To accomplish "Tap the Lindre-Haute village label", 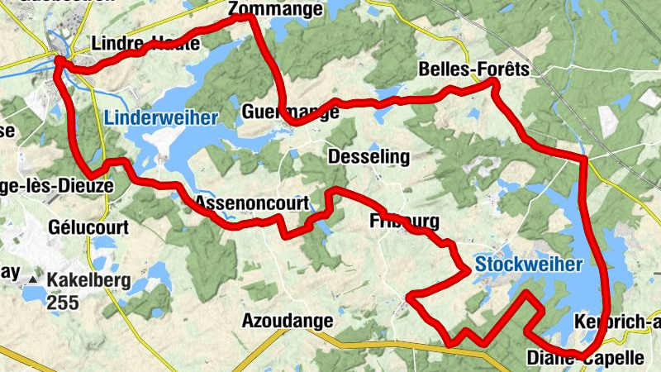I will (x=145, y=44).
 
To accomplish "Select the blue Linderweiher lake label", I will (x=161, y=117).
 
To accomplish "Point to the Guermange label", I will (x=291, y=112).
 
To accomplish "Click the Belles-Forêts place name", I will (x=473, y=69).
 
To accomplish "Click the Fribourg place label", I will (x=404, y=222).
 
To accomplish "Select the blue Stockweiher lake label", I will (x=528, y=265).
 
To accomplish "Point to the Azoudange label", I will (x=288, y=320).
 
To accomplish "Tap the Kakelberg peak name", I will (x=89, y=281).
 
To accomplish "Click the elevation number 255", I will (x=63, y=303).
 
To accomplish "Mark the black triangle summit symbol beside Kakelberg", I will (x=33, y=281).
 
